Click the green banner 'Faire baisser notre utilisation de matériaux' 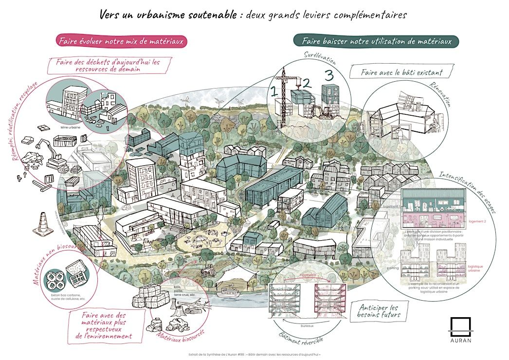coord(376,41)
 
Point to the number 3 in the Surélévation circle coord(329,75)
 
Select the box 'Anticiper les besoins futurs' coord(379,311)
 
